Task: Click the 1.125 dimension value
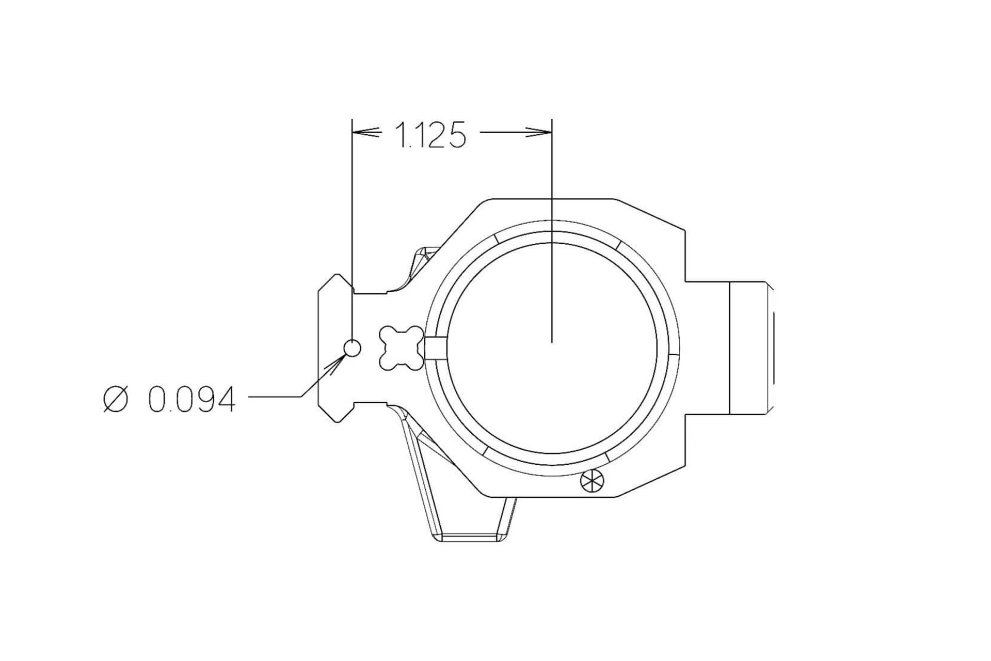pyautogui.click(x=430, y=135)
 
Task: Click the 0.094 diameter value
pyautogui.click(x=191, y=399)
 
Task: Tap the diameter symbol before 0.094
pyautogui.click(x=115, y=399)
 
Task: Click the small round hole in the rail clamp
pyautogui.click(x=352, y=349)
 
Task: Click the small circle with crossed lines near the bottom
pyautogui.click(x=592, y=481)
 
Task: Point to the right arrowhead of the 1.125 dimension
pyautogui.click(x=539, y=133)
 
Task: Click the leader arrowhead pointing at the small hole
pyautogui.click(x=335, y=364)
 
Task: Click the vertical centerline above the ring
pyautogui.click(x=552, y=170)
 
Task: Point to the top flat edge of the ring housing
pyautogui.click(x=552, y=198)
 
